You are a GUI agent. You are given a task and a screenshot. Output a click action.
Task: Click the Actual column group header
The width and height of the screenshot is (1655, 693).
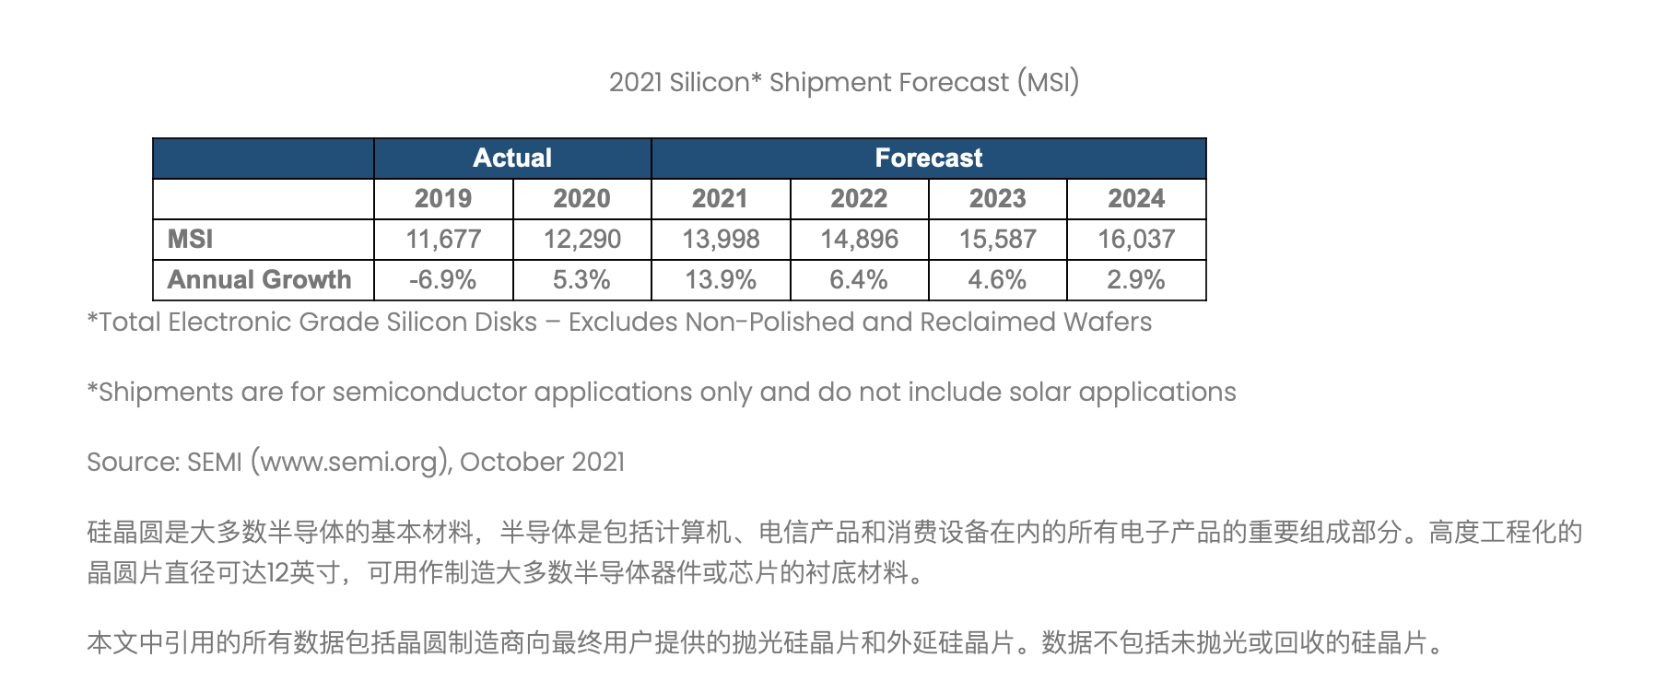tap(512, 159)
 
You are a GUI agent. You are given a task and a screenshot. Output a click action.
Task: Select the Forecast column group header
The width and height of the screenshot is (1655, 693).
tap(929, 159)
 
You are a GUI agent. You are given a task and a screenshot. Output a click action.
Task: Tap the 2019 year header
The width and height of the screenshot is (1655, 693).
tap(443, 199)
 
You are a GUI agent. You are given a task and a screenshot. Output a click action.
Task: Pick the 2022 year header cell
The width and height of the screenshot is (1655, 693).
tap(859, 199)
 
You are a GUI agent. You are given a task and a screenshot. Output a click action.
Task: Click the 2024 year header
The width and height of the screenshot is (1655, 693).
tap(1136, 199)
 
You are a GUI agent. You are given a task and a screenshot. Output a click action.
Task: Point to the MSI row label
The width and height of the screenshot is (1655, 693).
tap(191, 240)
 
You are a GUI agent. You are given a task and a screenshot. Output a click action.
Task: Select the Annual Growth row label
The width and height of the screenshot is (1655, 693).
tap(260, 280)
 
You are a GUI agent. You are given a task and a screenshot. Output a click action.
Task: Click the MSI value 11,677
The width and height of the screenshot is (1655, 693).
tap(443, 240)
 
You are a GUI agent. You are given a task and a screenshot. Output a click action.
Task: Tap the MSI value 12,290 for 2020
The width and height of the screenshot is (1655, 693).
tap(582, 240)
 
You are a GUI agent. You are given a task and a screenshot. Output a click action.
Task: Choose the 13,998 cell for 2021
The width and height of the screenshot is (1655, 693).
tap(721, 240)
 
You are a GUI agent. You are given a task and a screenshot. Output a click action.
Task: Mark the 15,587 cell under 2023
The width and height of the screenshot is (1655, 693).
tap(998, 240)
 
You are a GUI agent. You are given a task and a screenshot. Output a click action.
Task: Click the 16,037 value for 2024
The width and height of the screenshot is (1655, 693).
tap(1136, 240)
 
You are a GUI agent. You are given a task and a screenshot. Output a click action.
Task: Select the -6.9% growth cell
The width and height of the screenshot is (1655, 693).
tap(443, 280)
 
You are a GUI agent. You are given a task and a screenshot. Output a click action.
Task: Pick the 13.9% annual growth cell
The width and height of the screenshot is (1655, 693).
tap(721, 280)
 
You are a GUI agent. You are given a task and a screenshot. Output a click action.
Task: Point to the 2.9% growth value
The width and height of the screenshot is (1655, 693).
tap(1136, 280)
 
